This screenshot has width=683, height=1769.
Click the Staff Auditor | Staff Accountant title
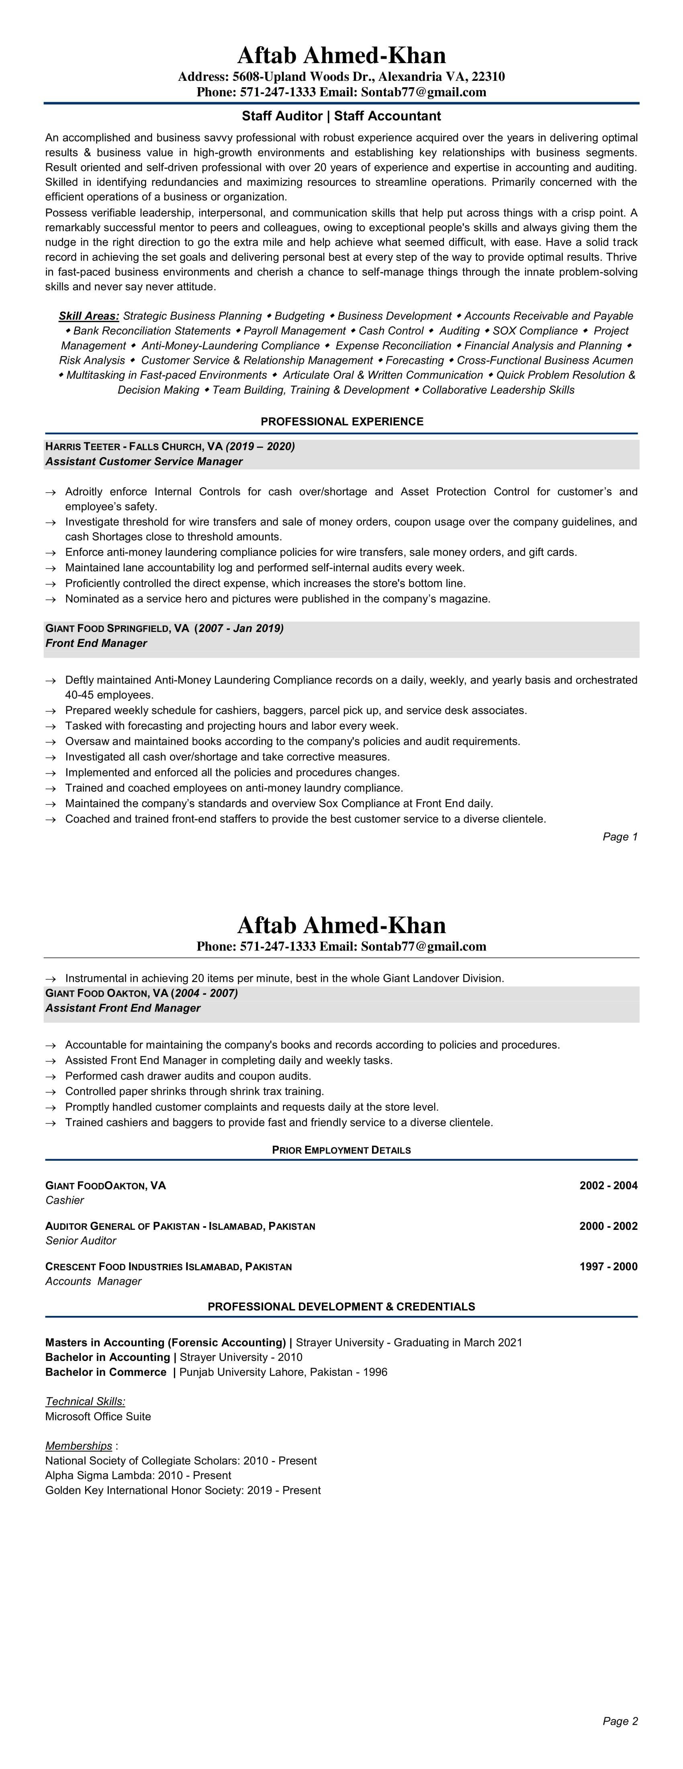coord(341,116)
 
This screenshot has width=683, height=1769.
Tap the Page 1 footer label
coord(620,836)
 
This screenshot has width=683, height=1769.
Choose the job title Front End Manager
coord(96,643)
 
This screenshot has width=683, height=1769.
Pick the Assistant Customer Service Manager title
coord(144,462)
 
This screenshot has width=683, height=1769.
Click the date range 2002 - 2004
coord(608,1185)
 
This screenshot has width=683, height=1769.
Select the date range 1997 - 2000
coord(608,1266)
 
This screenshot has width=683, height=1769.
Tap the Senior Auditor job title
coord(80,1241)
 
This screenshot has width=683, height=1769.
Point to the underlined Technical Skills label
coord(85,1402)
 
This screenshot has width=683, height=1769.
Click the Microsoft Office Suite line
coord(98,1417)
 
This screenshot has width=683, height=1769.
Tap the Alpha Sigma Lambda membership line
coord(138,1476)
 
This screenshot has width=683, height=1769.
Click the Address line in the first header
coord(341,76)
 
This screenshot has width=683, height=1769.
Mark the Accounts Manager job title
coord(93,1281)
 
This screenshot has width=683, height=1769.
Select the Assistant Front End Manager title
coord(123,1008)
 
